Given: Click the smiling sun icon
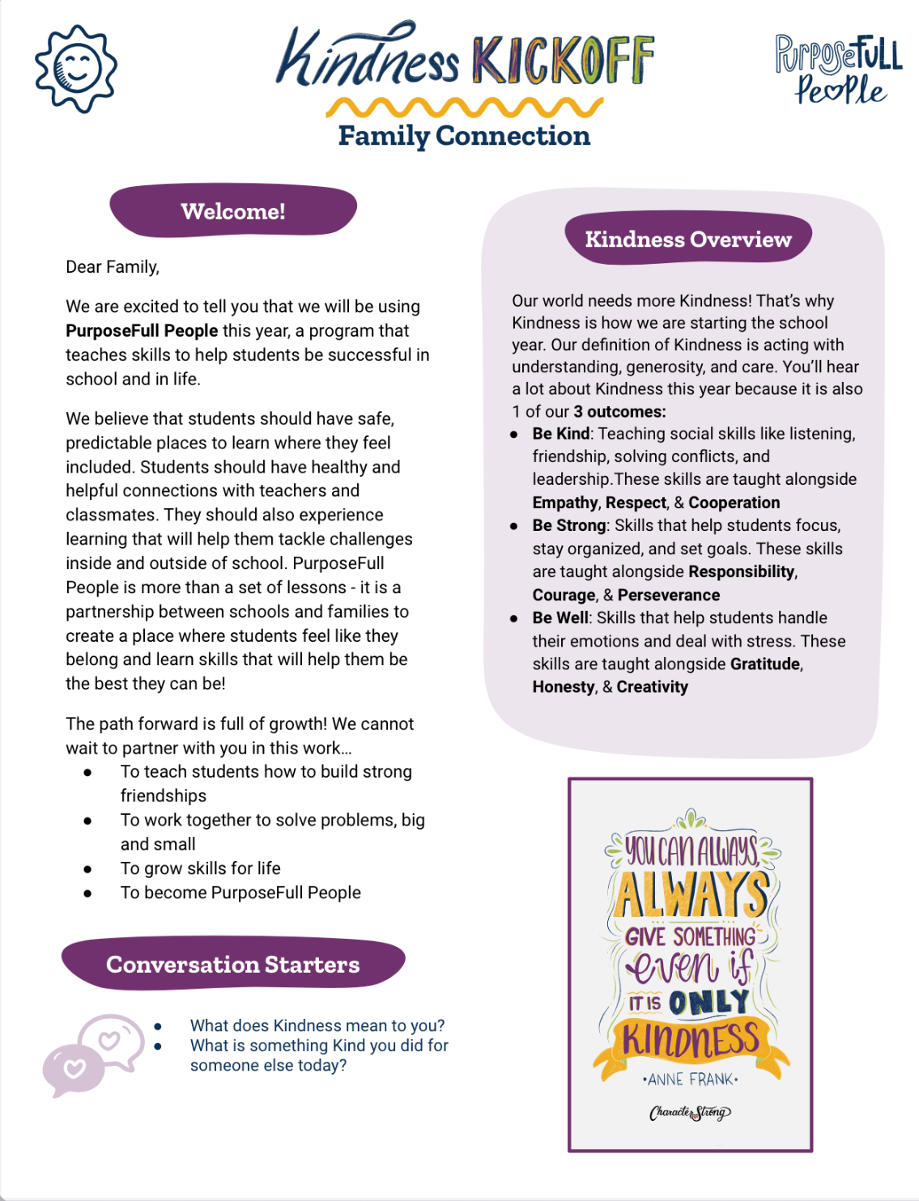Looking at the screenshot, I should (76, 69).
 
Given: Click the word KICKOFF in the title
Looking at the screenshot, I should (563, 61).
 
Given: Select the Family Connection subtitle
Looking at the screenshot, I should (464, 136).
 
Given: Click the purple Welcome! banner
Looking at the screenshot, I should (233, 211).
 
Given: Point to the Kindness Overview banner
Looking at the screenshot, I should (688, 240).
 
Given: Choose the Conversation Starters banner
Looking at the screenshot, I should (233, 965).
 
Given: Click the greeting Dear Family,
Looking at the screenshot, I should (113, 267).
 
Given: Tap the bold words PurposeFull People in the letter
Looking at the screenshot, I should (142, 331).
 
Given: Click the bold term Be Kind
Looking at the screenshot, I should (561, 434).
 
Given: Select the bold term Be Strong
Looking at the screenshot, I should (569, 525).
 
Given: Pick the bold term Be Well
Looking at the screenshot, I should (560, 618).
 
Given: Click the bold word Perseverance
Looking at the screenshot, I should (668, 596).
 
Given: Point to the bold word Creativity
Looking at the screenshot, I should (652, 687).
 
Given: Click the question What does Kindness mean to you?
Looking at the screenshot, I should (317, 1026).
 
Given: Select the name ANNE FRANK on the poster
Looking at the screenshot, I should (691, 1080).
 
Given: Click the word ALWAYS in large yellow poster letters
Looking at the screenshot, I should (691, 894).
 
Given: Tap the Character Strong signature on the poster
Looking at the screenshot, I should (690, 1113).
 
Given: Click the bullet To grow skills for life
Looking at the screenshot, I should (200, 868).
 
